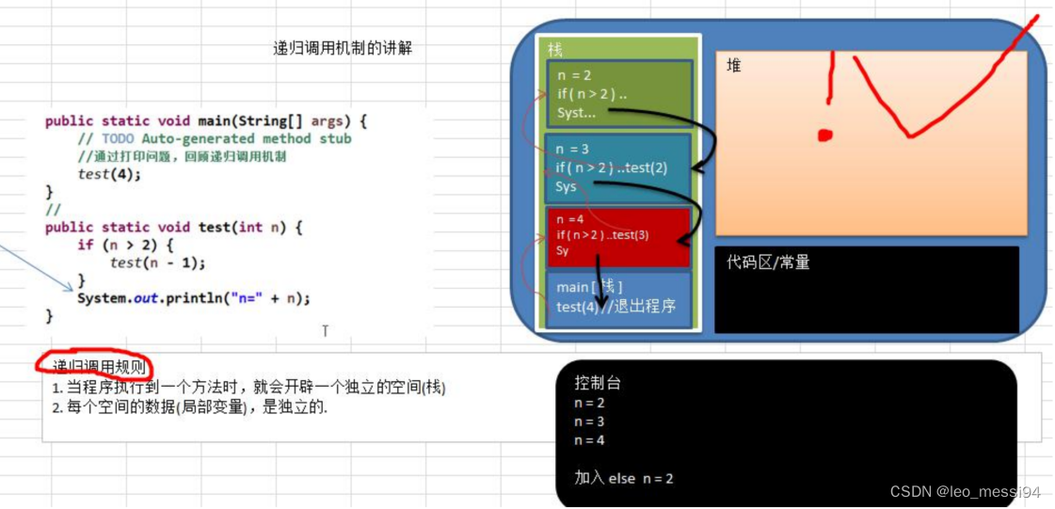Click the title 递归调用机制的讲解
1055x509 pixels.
(343, 49)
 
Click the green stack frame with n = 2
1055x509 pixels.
(618, 94)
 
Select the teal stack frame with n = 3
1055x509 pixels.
(616, 167)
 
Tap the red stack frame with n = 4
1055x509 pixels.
(617, 235)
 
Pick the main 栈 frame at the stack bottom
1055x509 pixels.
(618, 297)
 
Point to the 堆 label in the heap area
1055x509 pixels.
(734, 66)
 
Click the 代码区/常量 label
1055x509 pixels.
(768, 262)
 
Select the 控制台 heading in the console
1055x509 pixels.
(598, 383)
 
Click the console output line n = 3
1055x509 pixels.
(589, 422)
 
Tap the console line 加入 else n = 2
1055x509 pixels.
(624, 478)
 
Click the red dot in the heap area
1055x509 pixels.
(825, 135)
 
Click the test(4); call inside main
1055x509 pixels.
(109, 174)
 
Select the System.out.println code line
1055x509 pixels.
(193, 298)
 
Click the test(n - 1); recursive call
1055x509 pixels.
(157, 262)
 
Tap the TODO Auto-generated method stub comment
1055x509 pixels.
(224, 138)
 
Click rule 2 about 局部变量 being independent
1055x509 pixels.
(190, 407)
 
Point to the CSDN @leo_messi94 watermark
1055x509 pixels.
(964, 492)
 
